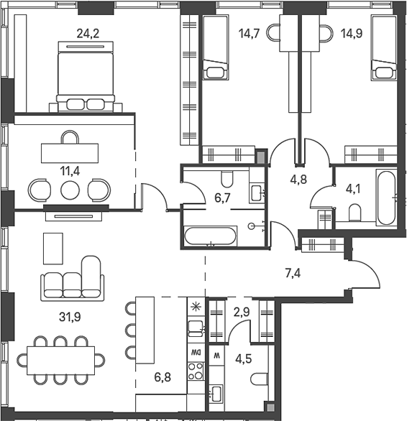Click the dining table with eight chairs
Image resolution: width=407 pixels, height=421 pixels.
61,358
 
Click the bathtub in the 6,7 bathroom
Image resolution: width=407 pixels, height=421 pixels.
210,236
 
